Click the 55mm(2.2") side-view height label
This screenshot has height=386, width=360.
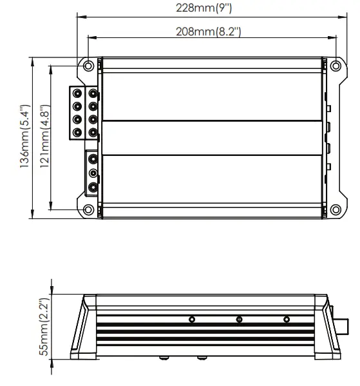tap(44, 329)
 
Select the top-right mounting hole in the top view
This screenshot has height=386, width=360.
tap(334, 66)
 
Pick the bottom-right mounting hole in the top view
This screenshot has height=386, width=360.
tap(334, 208)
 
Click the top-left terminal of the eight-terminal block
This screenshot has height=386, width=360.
tap(77, 93)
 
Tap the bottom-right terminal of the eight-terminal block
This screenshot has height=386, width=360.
tap(93, 133)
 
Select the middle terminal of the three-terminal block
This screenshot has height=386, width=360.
tap(93, 173)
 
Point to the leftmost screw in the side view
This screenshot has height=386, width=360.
tap(192, 319)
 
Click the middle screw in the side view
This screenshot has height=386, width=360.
tap(239, 319)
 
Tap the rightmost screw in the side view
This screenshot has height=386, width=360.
tap(286, 319)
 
